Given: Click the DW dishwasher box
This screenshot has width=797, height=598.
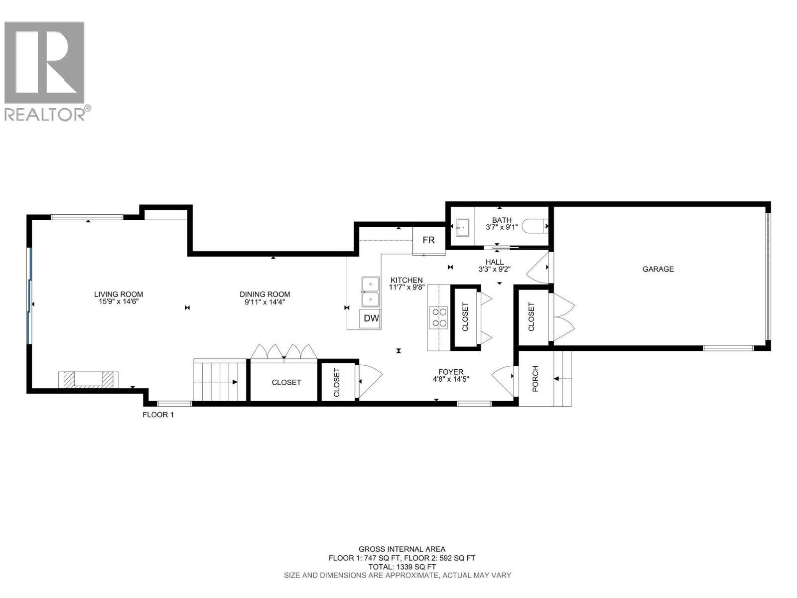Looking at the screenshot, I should point(371,318).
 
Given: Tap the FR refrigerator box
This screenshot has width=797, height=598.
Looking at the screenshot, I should point(428,240).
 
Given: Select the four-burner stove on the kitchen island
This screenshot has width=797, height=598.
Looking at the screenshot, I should point(439,317).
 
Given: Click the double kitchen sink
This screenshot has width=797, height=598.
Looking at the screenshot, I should point(370,292).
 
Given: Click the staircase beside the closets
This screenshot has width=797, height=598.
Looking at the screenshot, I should point(220,382).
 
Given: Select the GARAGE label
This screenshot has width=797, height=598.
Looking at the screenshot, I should point(658,269).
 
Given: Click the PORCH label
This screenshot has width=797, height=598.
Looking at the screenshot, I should point(535,379).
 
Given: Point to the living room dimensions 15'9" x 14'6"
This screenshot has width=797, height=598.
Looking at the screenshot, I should point(119,301).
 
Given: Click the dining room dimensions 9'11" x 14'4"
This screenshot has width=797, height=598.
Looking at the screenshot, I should point(265,301).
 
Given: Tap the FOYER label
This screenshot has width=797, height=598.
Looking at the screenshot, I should point(451,372).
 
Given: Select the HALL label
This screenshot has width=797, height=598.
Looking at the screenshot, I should point(495,262).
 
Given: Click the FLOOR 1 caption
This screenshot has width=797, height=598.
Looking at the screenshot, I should point(158,415).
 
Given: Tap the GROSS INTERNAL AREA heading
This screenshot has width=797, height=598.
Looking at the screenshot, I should point(402,549).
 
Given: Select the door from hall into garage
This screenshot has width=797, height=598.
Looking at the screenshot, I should point(538,268).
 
